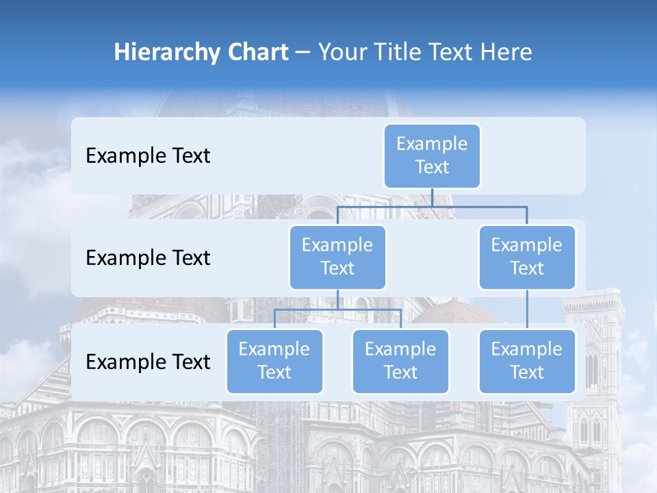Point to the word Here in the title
506,52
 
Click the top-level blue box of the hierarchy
432,155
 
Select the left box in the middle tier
337,257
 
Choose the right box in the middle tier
527,257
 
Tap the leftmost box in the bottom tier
274,361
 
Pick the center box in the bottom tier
400,361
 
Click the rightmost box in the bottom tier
527,361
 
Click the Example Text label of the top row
148,156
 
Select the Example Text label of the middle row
148,258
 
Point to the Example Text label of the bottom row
148,362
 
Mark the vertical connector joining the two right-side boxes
527,309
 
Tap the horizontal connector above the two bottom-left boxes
337,309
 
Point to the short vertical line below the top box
432,197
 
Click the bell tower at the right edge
594,356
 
